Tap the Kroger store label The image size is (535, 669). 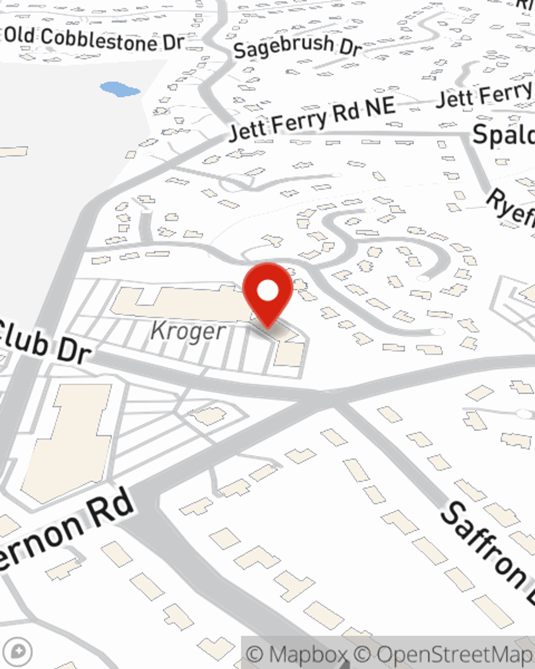click(x=188, y=331)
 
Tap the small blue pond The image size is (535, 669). click(x=119, y=89)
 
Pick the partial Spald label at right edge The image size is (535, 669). click(x=504, y=134)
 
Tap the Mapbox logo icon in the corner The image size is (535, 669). click(x=18, y=651)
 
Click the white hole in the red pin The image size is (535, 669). click(x=267, y=291)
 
